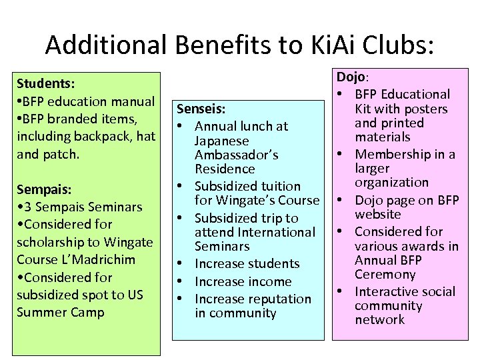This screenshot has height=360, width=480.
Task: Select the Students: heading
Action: pos(45,84)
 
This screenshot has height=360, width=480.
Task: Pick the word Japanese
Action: pos(221,141)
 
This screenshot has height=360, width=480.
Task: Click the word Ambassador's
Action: pos(236,155)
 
